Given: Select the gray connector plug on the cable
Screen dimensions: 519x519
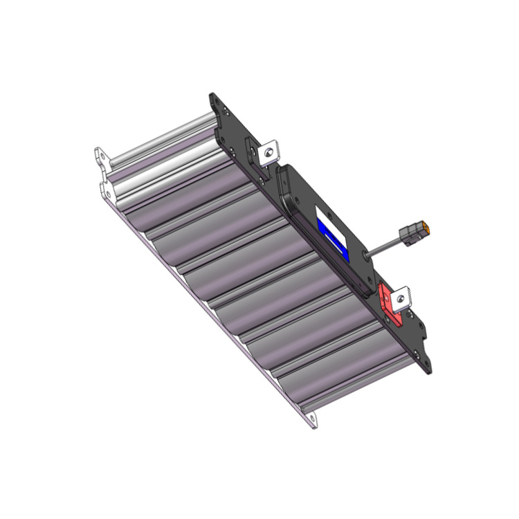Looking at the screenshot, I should click(x=414, y=233).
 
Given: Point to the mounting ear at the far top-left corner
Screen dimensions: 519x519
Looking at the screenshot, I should click(x=101, y=156).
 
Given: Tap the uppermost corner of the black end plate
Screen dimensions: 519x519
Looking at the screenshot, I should click(x=212, y=98).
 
